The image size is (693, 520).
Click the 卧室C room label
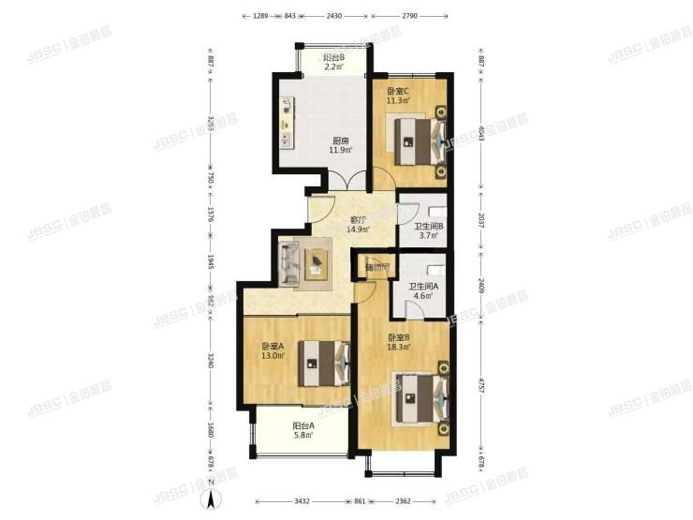398,91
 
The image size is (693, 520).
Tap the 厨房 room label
341,141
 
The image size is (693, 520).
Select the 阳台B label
334,56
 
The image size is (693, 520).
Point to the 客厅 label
358,219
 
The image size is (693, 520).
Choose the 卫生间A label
420,286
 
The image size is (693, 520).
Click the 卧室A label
273,346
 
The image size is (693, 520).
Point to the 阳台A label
303,426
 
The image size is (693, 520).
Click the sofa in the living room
288,261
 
